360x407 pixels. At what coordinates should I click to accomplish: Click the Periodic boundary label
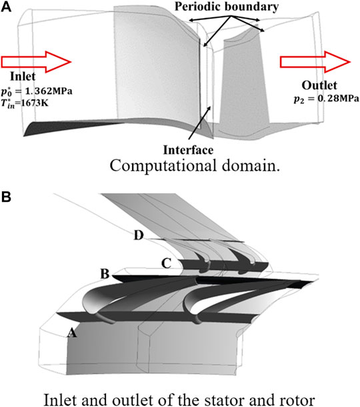[226, 7]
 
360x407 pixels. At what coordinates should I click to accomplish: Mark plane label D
[137, 236]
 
